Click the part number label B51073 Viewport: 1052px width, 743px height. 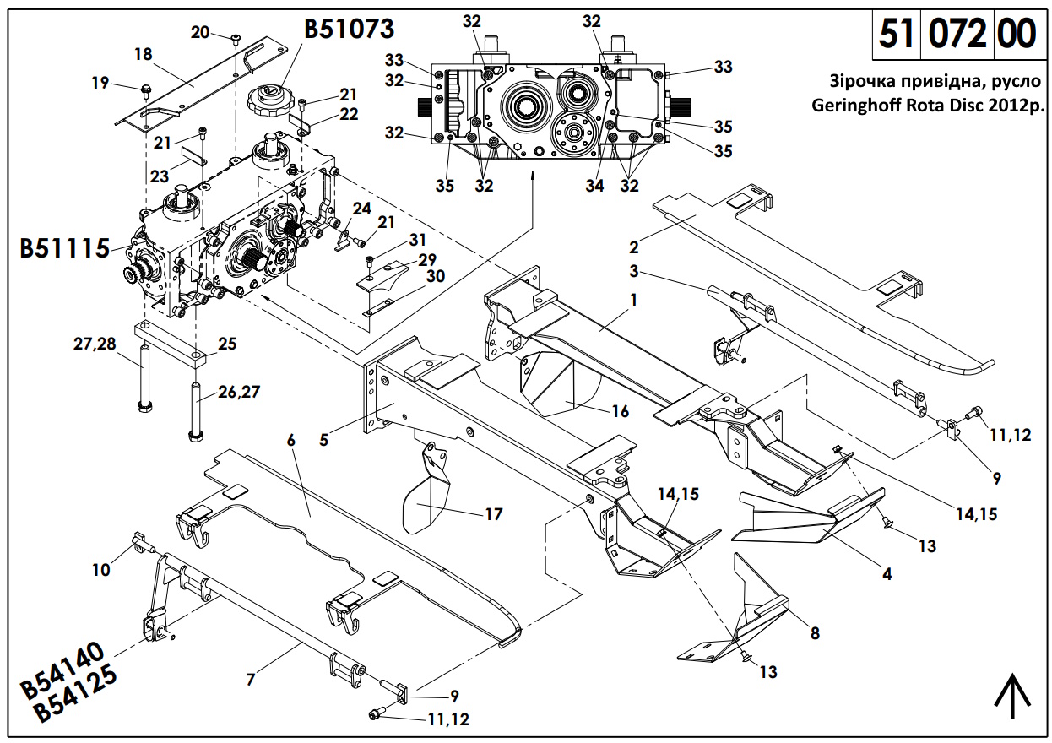(x=349, y=29)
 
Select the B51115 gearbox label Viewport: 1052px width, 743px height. (x=65, y=248)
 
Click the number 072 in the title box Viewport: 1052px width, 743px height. (x=957, y=34)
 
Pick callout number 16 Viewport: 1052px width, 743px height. (x=620, y=411)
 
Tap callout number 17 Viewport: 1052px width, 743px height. (x=494, y=514)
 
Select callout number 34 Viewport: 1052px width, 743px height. (x=594, y=186)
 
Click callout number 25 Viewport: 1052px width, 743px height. (x=227, y=344)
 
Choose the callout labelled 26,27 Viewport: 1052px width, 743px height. (x=239, y=392)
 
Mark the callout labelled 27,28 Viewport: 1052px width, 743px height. (x=95, y=344)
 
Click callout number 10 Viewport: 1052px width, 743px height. (x=101, y=570)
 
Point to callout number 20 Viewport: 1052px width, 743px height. (x=200, y=32)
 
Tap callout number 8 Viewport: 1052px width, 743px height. (x=815, y=633)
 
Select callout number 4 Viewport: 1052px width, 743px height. (x=887, y=574)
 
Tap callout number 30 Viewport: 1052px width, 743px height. (x=435, y=276)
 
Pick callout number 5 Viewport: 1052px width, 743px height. (x=323, y=440)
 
